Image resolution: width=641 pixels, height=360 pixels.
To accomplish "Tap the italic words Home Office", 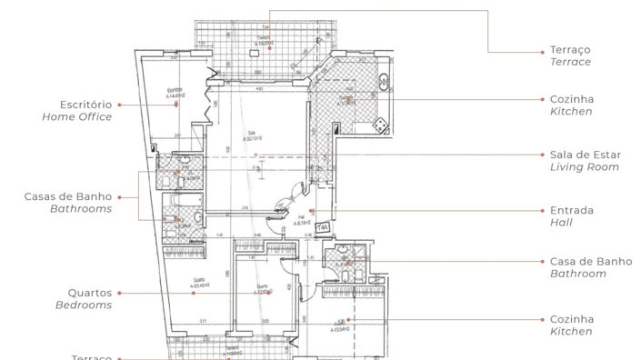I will point(77,117).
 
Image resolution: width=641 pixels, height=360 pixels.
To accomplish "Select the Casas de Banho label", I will point(68,196).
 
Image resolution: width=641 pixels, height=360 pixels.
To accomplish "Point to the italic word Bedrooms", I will point(85,305).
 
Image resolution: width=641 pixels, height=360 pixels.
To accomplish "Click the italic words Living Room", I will point(585,167).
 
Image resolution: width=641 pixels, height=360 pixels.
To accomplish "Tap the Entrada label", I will point(572,210).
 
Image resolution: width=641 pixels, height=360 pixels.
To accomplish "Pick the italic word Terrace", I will point(570,62).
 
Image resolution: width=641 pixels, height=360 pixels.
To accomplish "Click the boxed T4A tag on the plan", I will point(322,228).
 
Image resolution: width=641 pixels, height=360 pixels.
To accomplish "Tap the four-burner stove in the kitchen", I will point(382,124).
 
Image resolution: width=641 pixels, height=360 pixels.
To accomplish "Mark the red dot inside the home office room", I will point(176,105).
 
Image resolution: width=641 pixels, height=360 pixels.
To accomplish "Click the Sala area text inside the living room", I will point(250,136).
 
